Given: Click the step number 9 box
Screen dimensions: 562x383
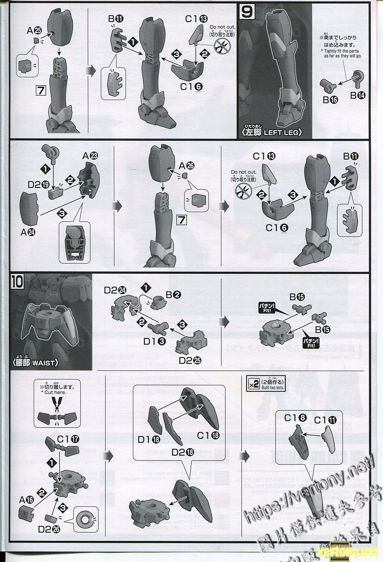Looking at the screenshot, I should [x=247, y=12].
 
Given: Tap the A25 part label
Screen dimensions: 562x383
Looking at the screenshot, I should [x=34, y=30].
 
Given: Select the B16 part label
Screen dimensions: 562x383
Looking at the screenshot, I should [x=330, y=99].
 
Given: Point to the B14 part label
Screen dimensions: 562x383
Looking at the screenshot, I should [x=358, y=95].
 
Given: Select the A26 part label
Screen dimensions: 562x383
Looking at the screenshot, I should [x=187, y=166].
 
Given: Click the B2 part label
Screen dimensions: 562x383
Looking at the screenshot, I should [x=173, y=295].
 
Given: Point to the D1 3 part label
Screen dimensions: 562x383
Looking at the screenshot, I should [x=154, y=341].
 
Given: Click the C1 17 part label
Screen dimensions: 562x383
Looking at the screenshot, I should [x=68, y=439].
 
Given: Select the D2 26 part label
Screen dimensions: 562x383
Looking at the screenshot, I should [x=49, y=529].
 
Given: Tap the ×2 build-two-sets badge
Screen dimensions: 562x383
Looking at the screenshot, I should [x=253, y=384].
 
